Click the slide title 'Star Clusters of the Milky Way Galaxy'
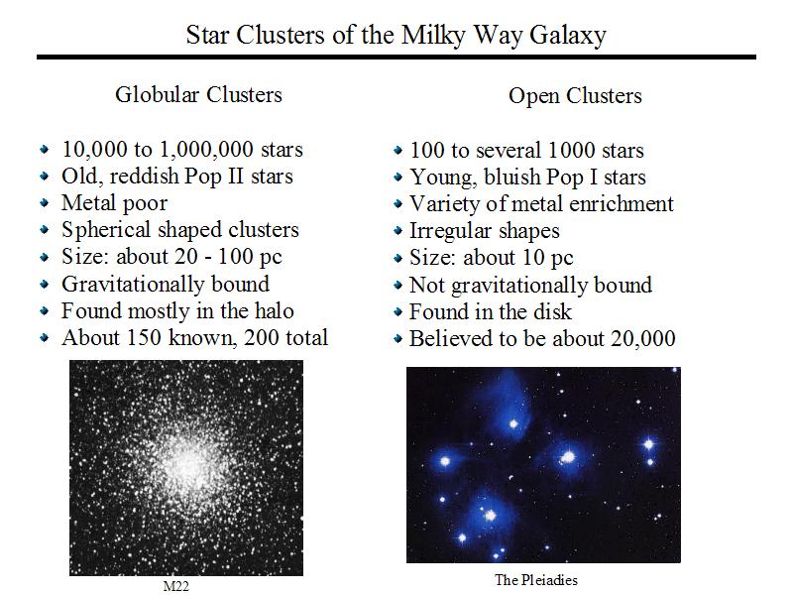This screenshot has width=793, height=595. point(396,36)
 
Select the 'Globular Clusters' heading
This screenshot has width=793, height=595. point(198,94)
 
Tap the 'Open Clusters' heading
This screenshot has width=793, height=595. point(575,96)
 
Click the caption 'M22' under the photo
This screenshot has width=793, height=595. point(176,586)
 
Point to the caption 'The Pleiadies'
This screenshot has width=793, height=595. point(536,580)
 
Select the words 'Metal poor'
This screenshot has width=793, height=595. point(114,203)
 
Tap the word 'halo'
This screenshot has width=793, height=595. point(275,310)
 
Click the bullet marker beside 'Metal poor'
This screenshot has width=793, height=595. point(45,203)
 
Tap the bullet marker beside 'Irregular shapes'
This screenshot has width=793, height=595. point(398,231)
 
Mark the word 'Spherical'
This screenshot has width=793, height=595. point(106,230)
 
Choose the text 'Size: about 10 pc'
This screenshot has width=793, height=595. point(491,258)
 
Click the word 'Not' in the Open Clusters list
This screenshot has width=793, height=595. point(426,285)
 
